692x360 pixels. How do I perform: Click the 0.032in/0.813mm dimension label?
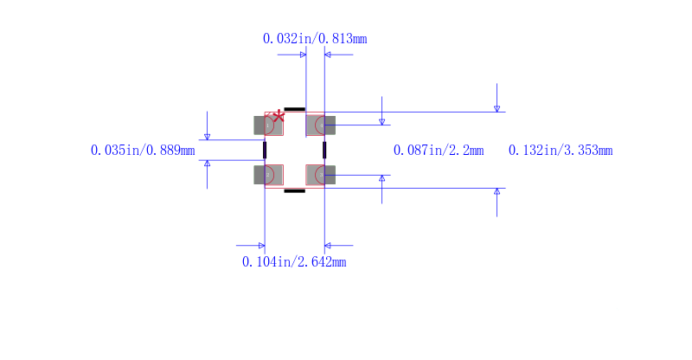click(x=315, y=39)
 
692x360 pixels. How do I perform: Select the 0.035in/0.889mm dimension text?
click(x=143, y=151)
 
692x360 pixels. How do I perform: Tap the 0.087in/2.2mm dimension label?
click(x=439, y=151)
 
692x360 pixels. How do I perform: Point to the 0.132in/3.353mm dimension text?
click(x=561, y=151)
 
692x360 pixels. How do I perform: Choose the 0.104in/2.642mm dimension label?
click(x=294, y=262)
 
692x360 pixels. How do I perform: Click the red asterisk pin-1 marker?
click(x=279, y=117)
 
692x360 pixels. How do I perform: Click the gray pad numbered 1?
click(x=268, y=125)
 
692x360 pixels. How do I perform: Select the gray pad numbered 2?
click(x=268, y=175)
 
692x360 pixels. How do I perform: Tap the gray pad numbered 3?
click(x=321, y=175)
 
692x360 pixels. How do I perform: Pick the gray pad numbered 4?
click(x=321, y=125)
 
